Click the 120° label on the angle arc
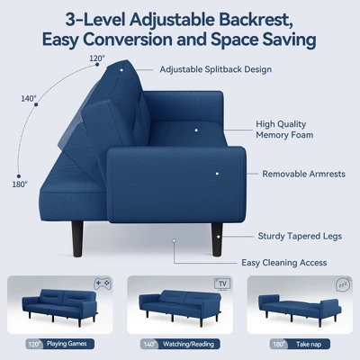[x=97, y=58]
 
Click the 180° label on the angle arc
[x=21, y=184]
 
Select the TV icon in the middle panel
[x=221, y=283]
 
